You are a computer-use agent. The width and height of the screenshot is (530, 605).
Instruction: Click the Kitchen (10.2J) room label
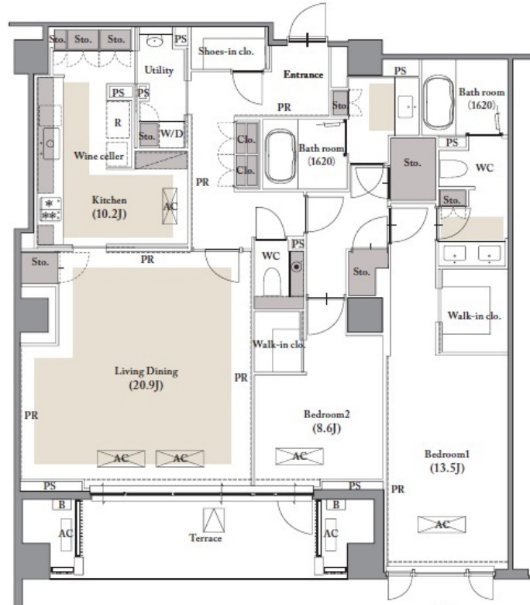point(109,207)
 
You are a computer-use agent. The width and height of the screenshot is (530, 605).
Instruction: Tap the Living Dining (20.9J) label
point(146,379)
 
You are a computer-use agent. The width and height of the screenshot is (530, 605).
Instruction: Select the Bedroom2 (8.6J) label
point(326,421)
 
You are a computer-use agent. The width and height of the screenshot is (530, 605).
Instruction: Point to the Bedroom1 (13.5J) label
point(447,461)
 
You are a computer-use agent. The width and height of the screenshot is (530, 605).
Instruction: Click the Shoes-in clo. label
point(226,51)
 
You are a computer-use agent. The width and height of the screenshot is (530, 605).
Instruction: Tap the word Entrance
point(303,74)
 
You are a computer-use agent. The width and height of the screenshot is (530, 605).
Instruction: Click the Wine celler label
point(98,156)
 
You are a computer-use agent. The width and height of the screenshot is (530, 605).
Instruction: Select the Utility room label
point(159,71)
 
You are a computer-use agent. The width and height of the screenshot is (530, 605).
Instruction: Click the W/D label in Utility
point(171,133)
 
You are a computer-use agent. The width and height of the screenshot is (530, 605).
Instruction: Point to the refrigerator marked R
point(118,123)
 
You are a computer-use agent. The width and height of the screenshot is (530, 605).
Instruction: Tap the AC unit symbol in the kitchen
point(170,206)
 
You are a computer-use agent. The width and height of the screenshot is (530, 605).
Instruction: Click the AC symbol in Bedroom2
point(300,456)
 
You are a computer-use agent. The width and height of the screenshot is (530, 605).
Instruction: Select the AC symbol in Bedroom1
point(442,524)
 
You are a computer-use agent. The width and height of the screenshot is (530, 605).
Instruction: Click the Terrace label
point(205,538)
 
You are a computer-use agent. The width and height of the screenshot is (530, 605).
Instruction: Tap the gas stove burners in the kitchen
point(50,209)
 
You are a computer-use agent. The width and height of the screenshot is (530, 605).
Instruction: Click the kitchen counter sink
point(50,143)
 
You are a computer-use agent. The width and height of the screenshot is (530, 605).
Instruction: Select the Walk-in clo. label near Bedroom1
point(474,316)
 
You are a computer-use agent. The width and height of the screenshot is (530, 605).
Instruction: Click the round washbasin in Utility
point(154,41)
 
